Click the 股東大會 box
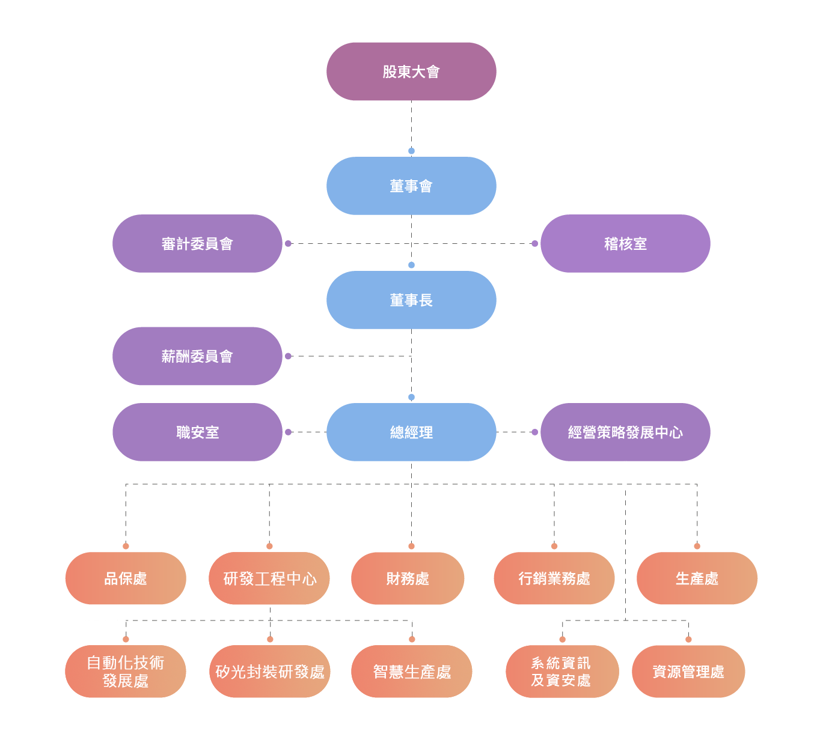click(x=411, y=71)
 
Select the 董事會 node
click(x=411, y=186)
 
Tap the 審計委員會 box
click(x=197, y=243)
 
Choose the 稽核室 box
click(x=625, y=243)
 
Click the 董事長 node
click(x=411, y=300)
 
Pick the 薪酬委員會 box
click(x=197, y=356)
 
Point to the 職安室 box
click(x=197, y=432)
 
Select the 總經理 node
click(x=411, y=432)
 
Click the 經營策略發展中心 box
click(x=625, y=432)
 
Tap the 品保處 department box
click(x=126, y=578)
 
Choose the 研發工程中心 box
click(x=269, y=578)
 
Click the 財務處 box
click(x=408, y=578)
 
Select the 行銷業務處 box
click(x=554, y=578)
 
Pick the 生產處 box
click(x=697, y=578)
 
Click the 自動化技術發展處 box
click(x=126, y=672)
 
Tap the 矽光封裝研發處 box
click(x=270, y=672)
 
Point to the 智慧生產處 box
click(x=411, y=672)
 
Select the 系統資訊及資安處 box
click(x=562, y=672)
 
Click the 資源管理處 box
click(x=688, y=672)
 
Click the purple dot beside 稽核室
click(x=534, y=243)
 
